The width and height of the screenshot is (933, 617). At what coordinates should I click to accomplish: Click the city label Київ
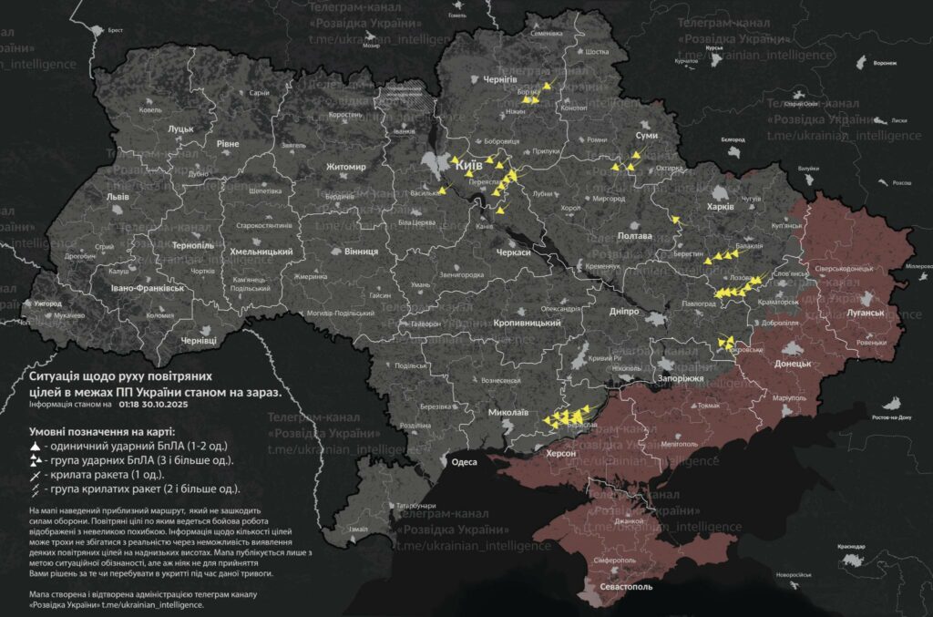click(468, 166)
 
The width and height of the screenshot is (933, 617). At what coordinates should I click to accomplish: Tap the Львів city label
click(118, 197)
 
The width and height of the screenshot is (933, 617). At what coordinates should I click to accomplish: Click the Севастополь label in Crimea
click(626, 587)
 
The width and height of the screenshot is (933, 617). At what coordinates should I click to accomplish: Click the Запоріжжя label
click(680, 378)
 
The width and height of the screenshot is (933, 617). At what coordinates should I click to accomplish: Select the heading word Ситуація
click(57, 375)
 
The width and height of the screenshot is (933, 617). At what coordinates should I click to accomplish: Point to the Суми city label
click(646, 135)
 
